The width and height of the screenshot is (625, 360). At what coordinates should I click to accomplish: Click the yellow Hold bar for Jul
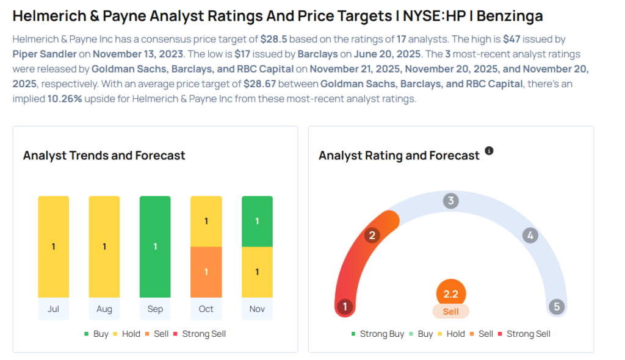(54, 247)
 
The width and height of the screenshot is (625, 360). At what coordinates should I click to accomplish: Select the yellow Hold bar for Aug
(104, 247)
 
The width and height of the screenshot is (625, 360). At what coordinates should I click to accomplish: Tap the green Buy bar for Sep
(155, 247)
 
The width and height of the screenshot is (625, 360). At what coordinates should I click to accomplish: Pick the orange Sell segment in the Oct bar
(206, 272)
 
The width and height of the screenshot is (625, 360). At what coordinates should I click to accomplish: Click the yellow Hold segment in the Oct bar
(206, 221)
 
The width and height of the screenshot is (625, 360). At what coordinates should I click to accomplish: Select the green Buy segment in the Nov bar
(257, 221)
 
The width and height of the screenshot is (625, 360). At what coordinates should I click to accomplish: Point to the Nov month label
(257, 309)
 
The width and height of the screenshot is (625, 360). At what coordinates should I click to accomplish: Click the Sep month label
(155, 309)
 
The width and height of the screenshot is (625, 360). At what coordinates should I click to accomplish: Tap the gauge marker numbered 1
(345, 307)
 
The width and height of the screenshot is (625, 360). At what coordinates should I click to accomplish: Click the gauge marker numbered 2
(372, 236)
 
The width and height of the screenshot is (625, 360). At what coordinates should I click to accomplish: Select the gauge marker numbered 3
(450, 201)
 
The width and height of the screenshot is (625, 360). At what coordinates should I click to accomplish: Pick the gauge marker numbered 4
(530, 236)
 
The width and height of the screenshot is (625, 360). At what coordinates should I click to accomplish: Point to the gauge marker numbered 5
(556, 307)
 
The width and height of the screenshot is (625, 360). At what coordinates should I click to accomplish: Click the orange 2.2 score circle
(451, 293)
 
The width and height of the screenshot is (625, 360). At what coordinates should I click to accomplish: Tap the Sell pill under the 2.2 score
(451, 311)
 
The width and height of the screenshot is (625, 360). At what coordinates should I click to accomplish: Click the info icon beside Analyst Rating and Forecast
(489, 151)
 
